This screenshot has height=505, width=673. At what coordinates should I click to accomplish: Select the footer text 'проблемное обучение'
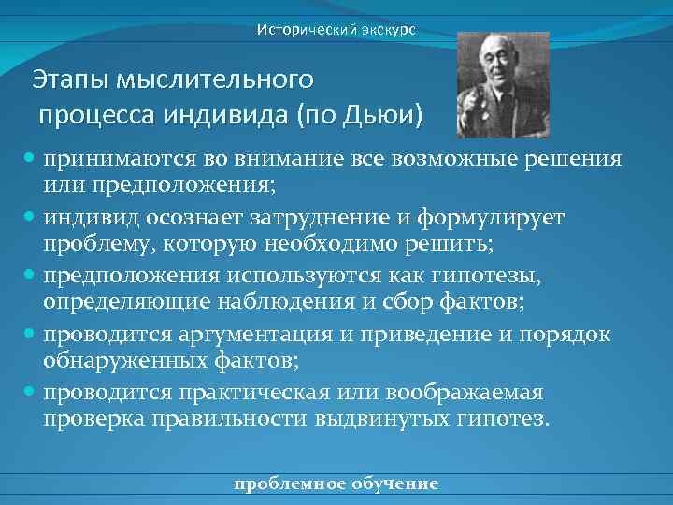point(336,483)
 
